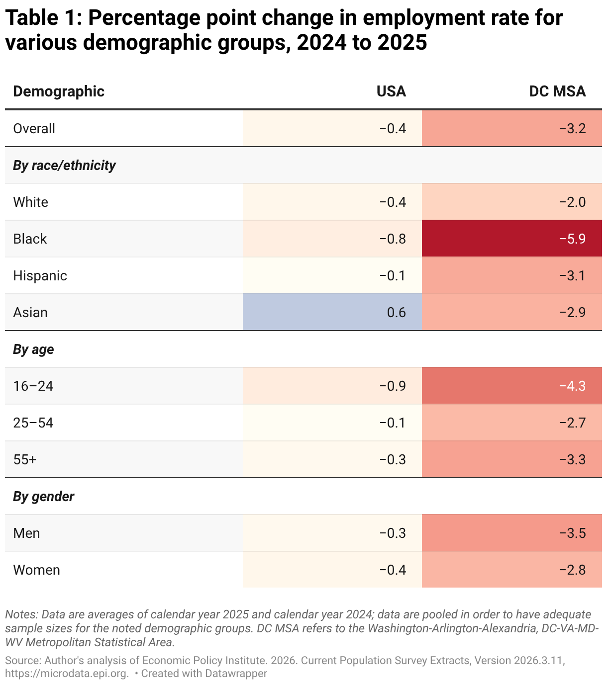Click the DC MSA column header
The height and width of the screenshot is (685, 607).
(x=557, y=91)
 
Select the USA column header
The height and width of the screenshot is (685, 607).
(x=391, y=91)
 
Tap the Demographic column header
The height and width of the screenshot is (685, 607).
(x=59, y=91)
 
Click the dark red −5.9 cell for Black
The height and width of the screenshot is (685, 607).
(x=511, y=239)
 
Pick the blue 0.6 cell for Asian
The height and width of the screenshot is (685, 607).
(x=332, y=312)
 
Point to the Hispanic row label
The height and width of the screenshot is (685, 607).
(x=40, y=275)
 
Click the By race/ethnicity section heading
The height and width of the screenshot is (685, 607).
(x=64, y=165)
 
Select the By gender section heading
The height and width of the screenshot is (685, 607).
(x=43, y=496)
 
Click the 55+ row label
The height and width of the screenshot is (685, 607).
(x=25, y=459)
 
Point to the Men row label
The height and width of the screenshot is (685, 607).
(x=26, y=533)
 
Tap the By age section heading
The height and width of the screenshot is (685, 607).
(x=33, y=349)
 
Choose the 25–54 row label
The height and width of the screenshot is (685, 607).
(x=33, y=423)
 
